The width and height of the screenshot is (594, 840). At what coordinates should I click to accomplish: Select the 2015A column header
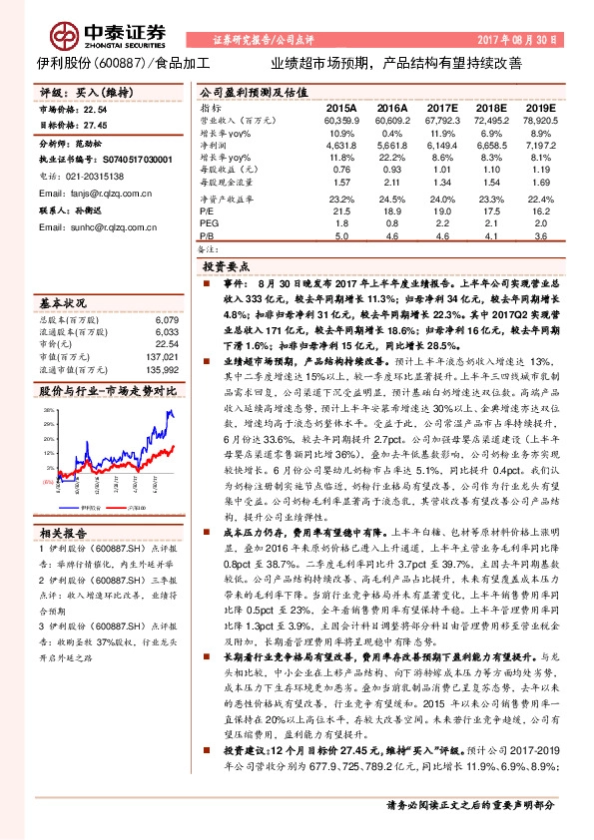340,107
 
